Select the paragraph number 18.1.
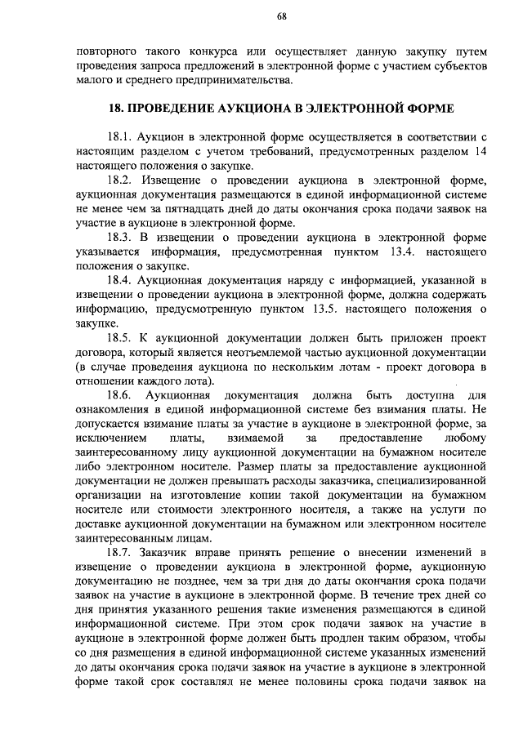[120, 136]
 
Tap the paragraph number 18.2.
[121, 180]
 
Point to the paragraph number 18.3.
[121, 238]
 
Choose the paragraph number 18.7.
[121, 554]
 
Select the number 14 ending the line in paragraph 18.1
[481, 150]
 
